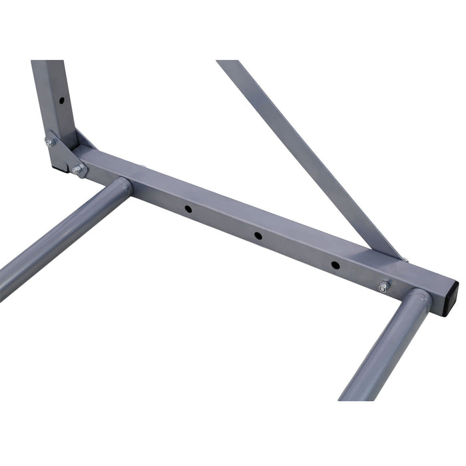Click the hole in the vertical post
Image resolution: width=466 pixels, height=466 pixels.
(61, 101)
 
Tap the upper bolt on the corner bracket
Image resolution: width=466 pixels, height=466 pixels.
(49, 141)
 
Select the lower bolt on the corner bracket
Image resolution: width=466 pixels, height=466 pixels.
(78, 171)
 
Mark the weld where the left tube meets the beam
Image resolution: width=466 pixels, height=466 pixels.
(126, 187)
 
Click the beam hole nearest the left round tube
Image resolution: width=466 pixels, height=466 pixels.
(188, 209)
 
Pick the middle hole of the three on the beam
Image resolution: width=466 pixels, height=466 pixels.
(256, 235)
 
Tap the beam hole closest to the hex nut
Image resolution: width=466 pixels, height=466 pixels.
(335, 265)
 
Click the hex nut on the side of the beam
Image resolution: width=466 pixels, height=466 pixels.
(383, 287)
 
